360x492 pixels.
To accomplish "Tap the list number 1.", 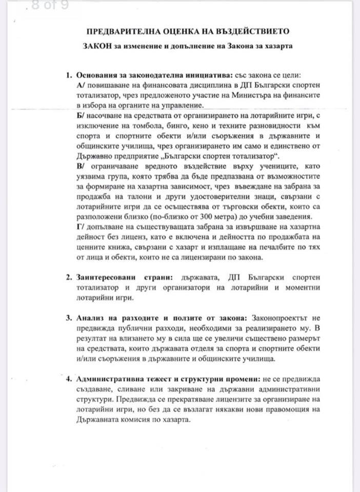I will (69, 75).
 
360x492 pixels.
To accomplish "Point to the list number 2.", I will (69, 277).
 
